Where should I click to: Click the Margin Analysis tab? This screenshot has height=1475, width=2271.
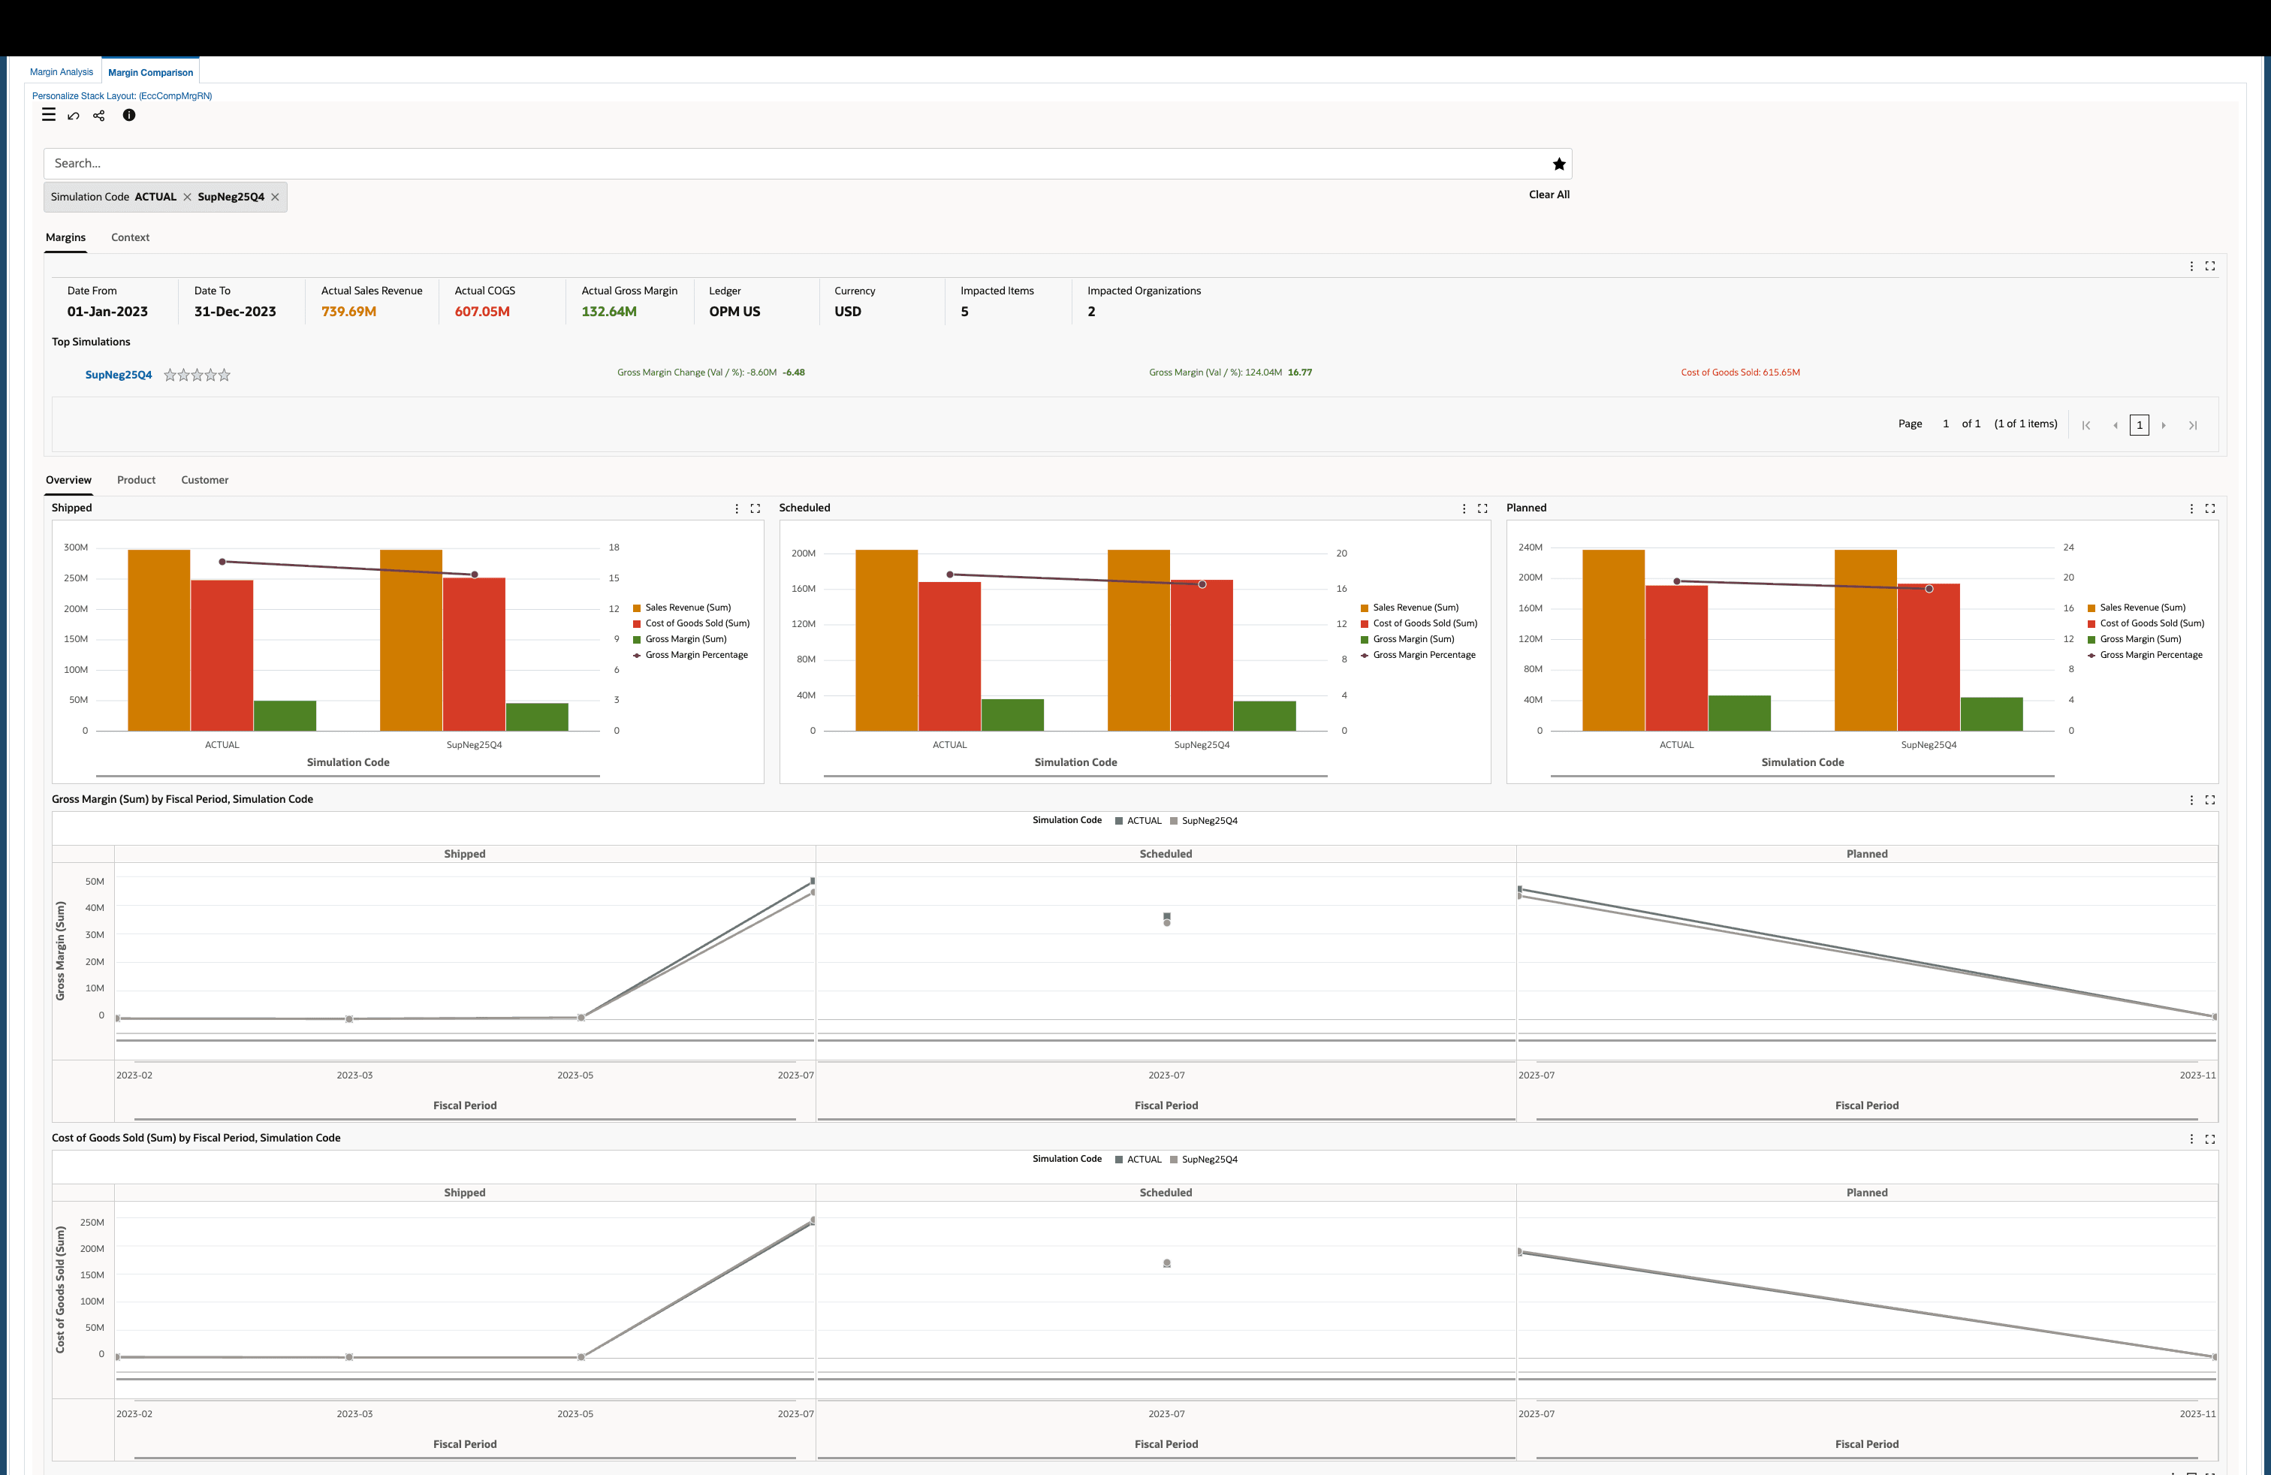click(x=61, y=73)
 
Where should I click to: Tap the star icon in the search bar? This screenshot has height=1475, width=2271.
click(x=1558, y=164)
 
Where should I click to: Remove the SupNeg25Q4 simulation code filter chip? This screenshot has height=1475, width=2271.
click(x=275, y=198)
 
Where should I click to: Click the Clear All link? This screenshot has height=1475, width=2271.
click(x=1548, y=195)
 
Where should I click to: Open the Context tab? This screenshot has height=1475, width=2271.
click(x=130, y=237)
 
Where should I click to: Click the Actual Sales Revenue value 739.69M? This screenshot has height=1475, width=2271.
click(x=348, y=312)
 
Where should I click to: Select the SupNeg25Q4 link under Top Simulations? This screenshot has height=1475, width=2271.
click(x=119, y=375)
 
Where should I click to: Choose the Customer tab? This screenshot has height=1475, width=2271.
click(x=204, y=480)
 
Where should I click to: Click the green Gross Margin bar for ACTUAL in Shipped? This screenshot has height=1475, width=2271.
click(x=285, y=716)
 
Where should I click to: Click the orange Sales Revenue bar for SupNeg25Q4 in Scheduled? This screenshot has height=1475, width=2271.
click(x=1138, y=639)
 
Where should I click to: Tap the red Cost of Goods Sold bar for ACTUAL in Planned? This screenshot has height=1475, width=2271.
click(x=1675, y=659)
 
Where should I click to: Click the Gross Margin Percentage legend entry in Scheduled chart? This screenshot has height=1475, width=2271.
click(x=1422, y=656)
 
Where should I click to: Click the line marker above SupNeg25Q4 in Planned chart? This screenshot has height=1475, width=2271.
click(x=1929, y=589)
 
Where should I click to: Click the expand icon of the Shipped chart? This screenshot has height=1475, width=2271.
click(x=755, y=508)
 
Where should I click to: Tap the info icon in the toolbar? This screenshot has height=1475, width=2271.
click(x=129, y=116)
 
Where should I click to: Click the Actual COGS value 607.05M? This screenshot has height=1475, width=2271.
click(x=482, y=312)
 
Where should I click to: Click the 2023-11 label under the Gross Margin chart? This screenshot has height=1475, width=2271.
click(x=2197, y=1075)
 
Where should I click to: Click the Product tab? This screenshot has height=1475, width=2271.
click(x=135, y=480)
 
